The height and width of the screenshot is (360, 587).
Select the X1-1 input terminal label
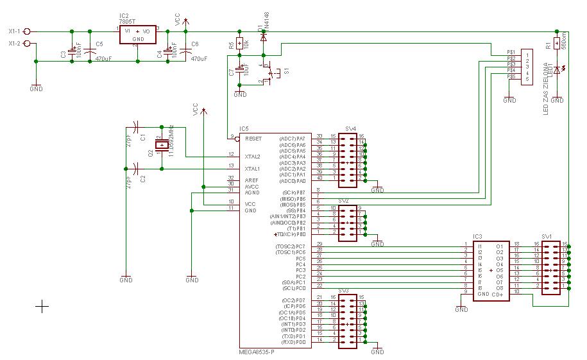tap(14, 31)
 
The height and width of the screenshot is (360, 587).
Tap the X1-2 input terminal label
tap(14, 43)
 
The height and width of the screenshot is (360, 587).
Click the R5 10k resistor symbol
tap(239, 44)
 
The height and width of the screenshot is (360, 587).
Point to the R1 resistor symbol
tap(557, 44)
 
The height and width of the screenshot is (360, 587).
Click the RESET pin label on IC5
tap(253, 137)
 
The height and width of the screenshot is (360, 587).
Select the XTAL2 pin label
tap(253, 155)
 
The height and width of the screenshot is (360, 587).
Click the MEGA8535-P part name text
tap(256, 352)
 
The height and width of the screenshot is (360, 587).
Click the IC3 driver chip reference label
tap(477, 236)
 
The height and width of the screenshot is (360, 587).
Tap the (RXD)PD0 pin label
tap(293, 341)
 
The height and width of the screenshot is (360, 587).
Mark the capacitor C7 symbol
tap(240, 69)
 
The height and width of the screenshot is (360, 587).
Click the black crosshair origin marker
tap(42, 307)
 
